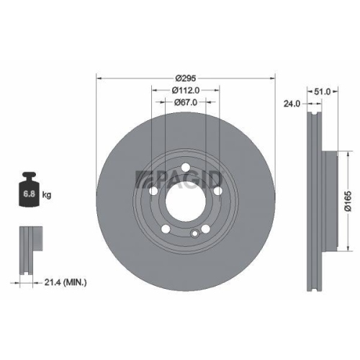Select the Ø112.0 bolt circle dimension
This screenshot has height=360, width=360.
pyautogui.click(x=186, y=91)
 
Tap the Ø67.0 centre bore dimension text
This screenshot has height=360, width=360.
pyautogui.click(x=186, y=103)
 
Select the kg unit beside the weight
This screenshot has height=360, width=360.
pyautogui.click(x=48, y=195)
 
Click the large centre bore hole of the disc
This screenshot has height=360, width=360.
pyautogui.click(x=186, y=202)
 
